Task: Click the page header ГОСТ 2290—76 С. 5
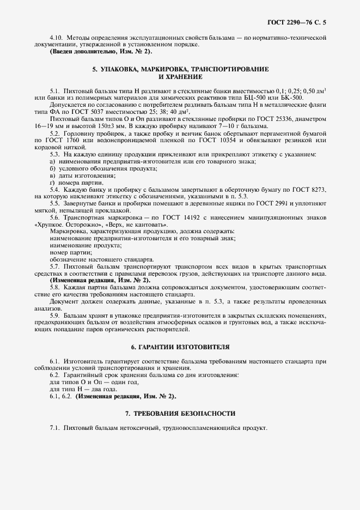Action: tap(300, 22)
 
